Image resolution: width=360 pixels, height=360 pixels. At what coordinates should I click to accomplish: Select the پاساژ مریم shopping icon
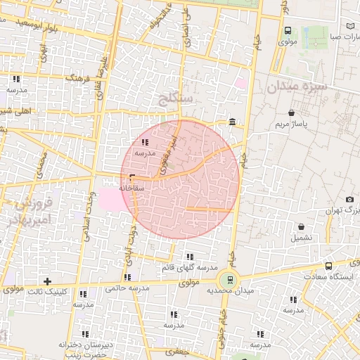pyautogui.click(x=291, y=112)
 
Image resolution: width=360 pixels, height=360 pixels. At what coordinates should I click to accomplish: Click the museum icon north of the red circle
pyautogui.click(x=232, y=124)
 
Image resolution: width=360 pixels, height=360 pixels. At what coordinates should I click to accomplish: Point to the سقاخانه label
pyautogui.click(x=131, y=188)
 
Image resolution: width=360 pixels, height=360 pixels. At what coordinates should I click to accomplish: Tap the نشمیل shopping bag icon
pyautogui.click(x=302, y=227)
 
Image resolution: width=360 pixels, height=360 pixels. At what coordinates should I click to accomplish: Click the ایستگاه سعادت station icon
pyautogui.click(x=328, y=266)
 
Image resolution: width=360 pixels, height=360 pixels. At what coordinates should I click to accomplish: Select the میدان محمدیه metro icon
pyautogui.click(x=231, y=278)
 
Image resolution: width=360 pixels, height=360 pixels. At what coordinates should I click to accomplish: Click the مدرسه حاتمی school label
pyautogui.click(x=128, y=288)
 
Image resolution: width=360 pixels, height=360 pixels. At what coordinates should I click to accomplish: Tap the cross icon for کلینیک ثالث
pyautogui.click(x=47, y=281)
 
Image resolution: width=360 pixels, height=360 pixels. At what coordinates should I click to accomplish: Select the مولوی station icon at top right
pyautogui.click(x=288, y=30)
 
